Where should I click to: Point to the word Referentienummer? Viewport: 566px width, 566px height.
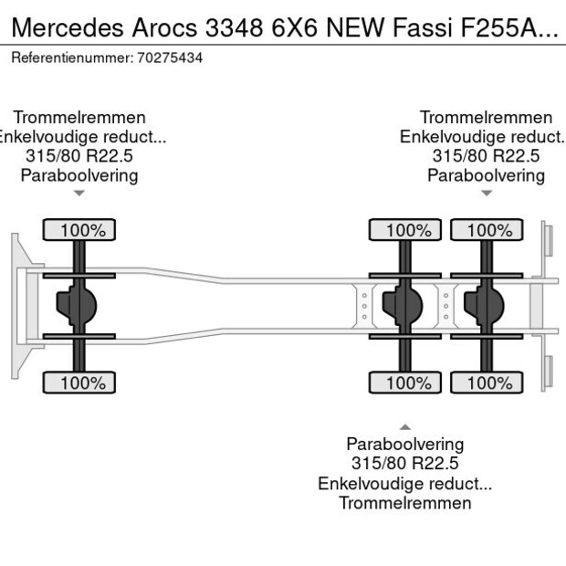(71, 58)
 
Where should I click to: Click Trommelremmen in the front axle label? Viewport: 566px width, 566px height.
(79, 117)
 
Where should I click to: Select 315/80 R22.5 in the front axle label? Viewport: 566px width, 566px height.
(79, 156)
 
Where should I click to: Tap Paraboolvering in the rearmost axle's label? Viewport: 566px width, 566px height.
(486, 175)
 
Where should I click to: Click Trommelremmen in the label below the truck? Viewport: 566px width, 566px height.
(404, 503)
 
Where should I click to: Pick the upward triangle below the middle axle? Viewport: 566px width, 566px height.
(404, 427)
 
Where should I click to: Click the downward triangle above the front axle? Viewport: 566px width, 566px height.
(79, 193)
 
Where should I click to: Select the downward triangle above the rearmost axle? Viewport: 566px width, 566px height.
(486, 193)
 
